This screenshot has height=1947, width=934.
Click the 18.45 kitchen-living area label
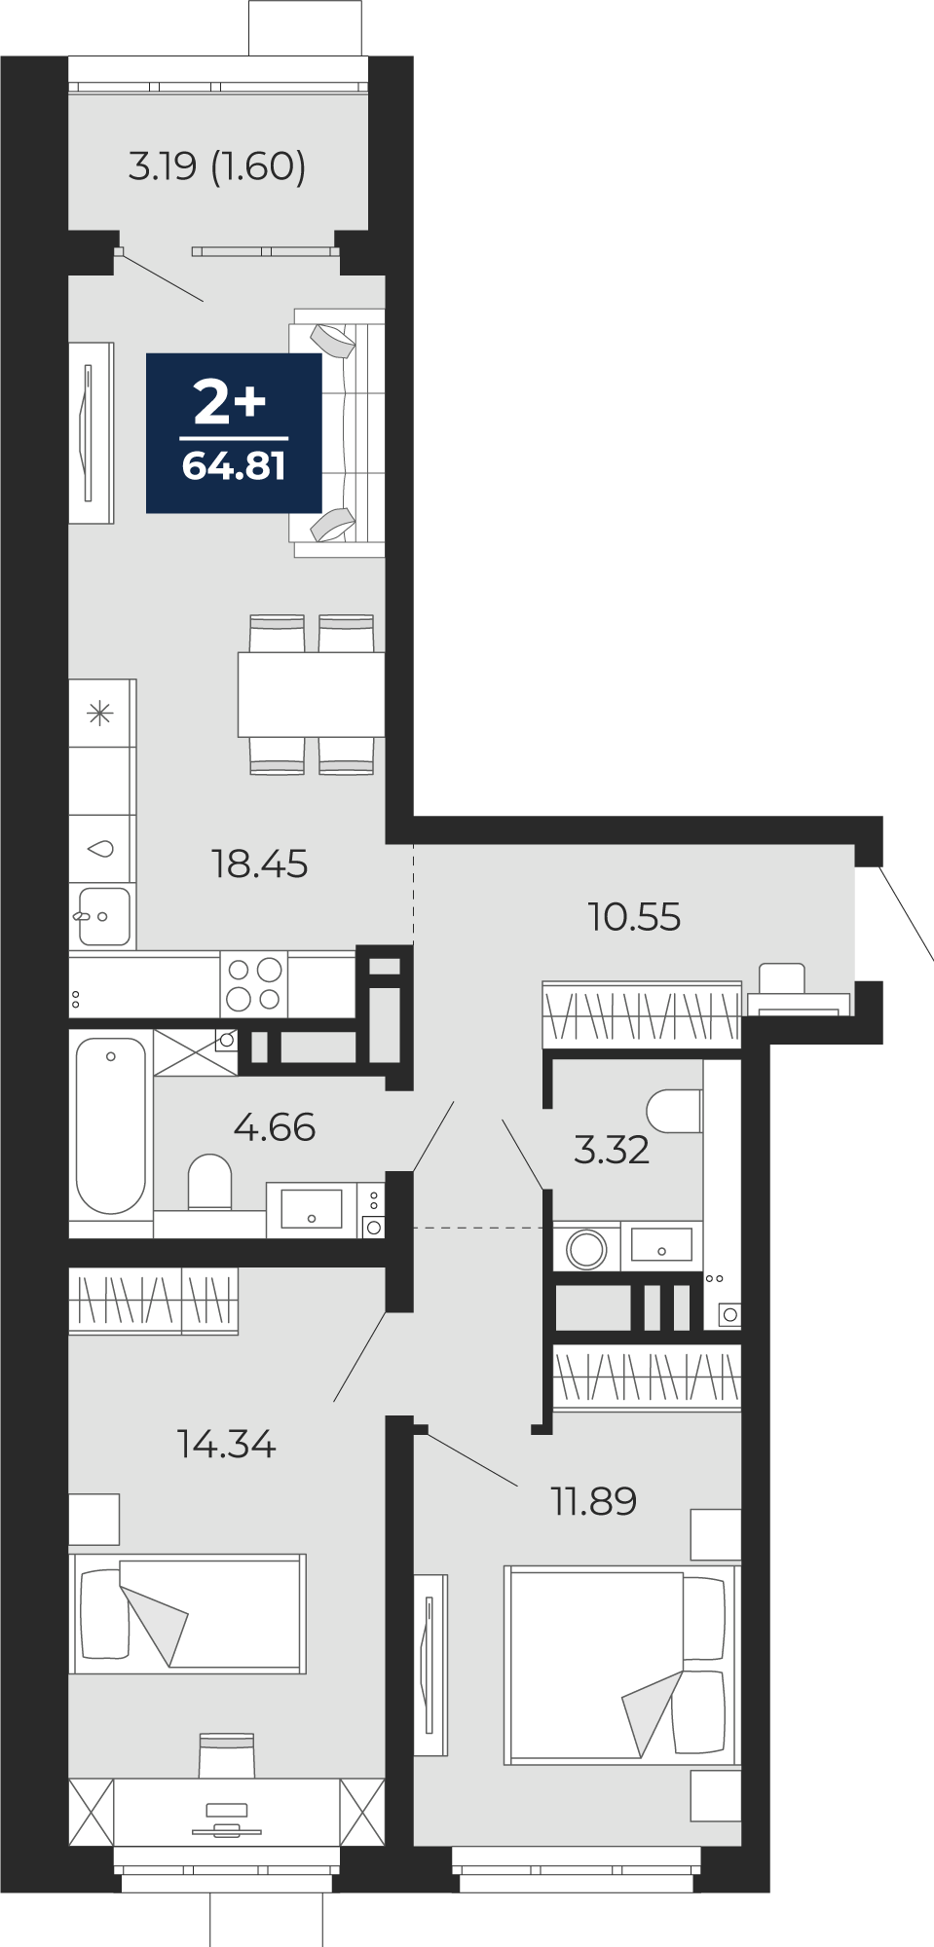click(259, 863)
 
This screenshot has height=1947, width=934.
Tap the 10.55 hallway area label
click(634, 916)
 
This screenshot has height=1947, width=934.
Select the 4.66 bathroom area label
click(275, 1127)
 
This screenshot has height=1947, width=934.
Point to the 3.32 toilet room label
click(612, 1150)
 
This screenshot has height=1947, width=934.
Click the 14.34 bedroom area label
click(227, 1444)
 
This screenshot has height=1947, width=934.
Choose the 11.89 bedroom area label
click(594, 1501)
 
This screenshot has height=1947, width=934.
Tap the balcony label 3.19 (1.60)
click(217, 166)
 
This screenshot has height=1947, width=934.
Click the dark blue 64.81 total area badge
click(234, 432)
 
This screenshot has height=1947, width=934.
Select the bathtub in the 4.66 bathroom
click(111, 1125)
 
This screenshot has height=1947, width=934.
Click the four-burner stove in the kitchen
click(254, 984)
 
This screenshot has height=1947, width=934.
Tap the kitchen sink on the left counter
click(102, 916)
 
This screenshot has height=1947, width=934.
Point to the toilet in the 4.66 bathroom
click(209, 1182)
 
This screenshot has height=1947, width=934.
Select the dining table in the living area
click(312, 694)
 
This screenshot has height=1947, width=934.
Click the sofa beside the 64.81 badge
click(337, 432)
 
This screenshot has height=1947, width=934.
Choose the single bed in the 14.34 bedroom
click(187, 1613)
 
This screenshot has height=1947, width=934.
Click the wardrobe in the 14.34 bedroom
click(153, 1300)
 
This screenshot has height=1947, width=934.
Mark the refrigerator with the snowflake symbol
click(101, 714)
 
